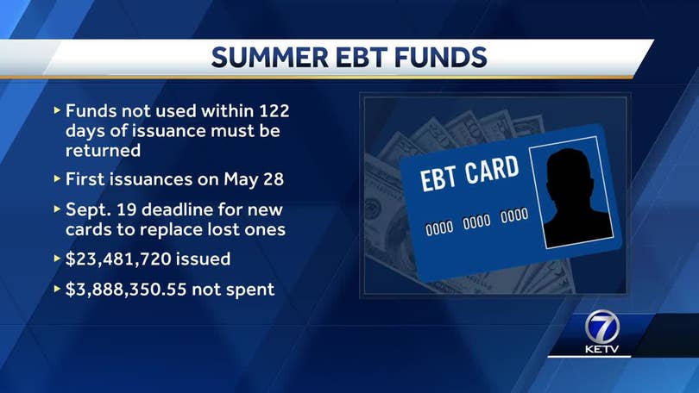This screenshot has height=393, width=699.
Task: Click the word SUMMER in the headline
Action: tap(270, 58)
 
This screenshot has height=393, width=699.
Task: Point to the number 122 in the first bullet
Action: tap(274, 111)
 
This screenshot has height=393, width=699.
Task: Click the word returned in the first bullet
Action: tap(103, 151)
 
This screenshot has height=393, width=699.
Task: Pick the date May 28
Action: tap(254, 180)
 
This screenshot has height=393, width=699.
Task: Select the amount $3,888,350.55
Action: tap(126, 290)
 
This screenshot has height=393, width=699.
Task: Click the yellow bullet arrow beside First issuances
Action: tap(57, 179)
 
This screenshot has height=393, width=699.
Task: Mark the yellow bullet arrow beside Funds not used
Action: tap(57, 110)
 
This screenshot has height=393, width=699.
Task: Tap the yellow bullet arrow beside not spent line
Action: tap(57, 289)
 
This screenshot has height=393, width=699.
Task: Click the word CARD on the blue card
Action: tap(492, 169)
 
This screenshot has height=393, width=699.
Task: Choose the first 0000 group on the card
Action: tap(439, 228)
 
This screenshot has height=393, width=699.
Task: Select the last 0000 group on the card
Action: tap(514, 215)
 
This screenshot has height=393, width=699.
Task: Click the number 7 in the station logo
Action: tap(602, 328)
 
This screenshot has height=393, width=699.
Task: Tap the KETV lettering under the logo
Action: tap(601, 349)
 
